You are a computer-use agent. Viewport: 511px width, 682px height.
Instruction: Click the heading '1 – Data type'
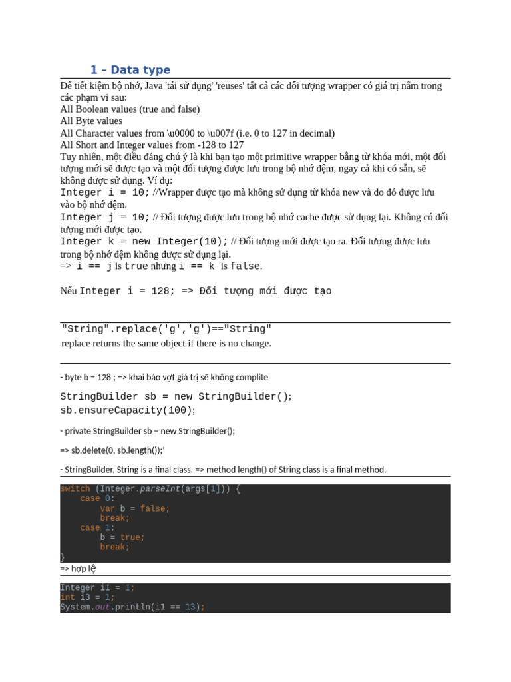click(x=130, y=70)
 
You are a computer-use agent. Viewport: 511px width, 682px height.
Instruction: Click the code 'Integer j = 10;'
click(x=105, y=217)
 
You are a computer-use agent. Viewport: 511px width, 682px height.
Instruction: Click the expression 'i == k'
click(x=197, y=266)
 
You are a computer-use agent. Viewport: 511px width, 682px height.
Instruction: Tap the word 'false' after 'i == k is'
click(x=245, y=266)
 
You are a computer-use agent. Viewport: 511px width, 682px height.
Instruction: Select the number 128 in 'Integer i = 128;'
click(x=152, y=291)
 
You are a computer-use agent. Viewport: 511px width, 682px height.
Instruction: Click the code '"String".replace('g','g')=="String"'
click(x=166, y=329)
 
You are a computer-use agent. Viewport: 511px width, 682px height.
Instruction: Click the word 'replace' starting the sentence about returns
click(x=77, y=344)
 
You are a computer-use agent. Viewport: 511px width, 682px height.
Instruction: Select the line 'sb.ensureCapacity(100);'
click(x=128, y=410)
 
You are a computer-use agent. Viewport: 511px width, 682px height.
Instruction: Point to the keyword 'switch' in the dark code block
click(x=75, y=489)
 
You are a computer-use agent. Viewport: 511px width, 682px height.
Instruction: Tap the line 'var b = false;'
click(x=135, y=508)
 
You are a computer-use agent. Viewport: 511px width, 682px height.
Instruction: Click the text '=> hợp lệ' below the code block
click(x=78, y=569)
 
